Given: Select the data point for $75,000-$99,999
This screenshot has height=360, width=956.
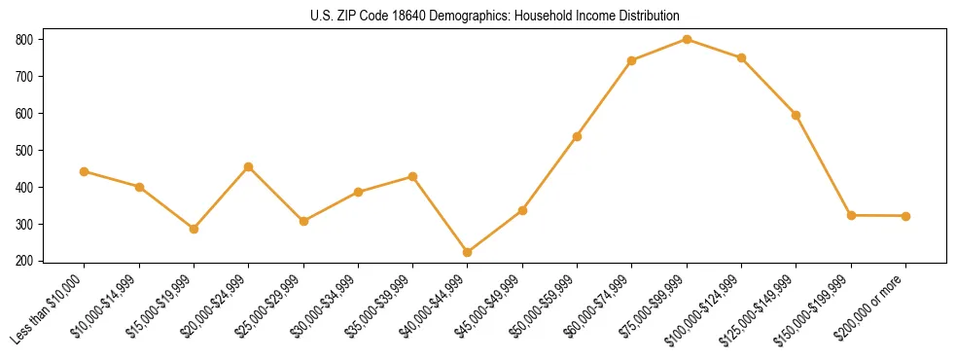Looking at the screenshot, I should tap(687, 39).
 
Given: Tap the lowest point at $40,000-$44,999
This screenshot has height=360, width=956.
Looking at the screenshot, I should tap(468, 252).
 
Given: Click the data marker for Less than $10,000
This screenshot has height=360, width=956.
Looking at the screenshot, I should tap(85, 171).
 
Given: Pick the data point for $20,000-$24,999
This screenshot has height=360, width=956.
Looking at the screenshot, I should tap(249, 166).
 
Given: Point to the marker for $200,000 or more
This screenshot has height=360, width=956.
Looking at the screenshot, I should tap(905, 216).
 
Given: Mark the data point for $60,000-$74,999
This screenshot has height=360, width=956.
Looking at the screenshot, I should tap(632, 60).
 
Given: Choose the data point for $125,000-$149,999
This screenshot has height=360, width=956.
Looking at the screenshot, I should tap(797, 115).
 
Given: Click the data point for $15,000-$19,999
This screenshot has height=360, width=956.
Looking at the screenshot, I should tap(194, 229).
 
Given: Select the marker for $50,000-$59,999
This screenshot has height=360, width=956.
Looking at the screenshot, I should tap(578, 136).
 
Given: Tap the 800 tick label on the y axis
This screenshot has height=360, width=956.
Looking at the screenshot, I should tap(23, 39).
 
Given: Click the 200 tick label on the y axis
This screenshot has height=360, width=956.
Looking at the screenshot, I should tap(23, 261).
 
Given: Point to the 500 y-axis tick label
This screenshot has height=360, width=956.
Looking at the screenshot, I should tap(23, 150).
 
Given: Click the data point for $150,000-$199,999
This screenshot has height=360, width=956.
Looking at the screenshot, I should tap(851, 215).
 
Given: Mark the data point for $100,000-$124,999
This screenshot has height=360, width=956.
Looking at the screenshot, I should tap(741, 57).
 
